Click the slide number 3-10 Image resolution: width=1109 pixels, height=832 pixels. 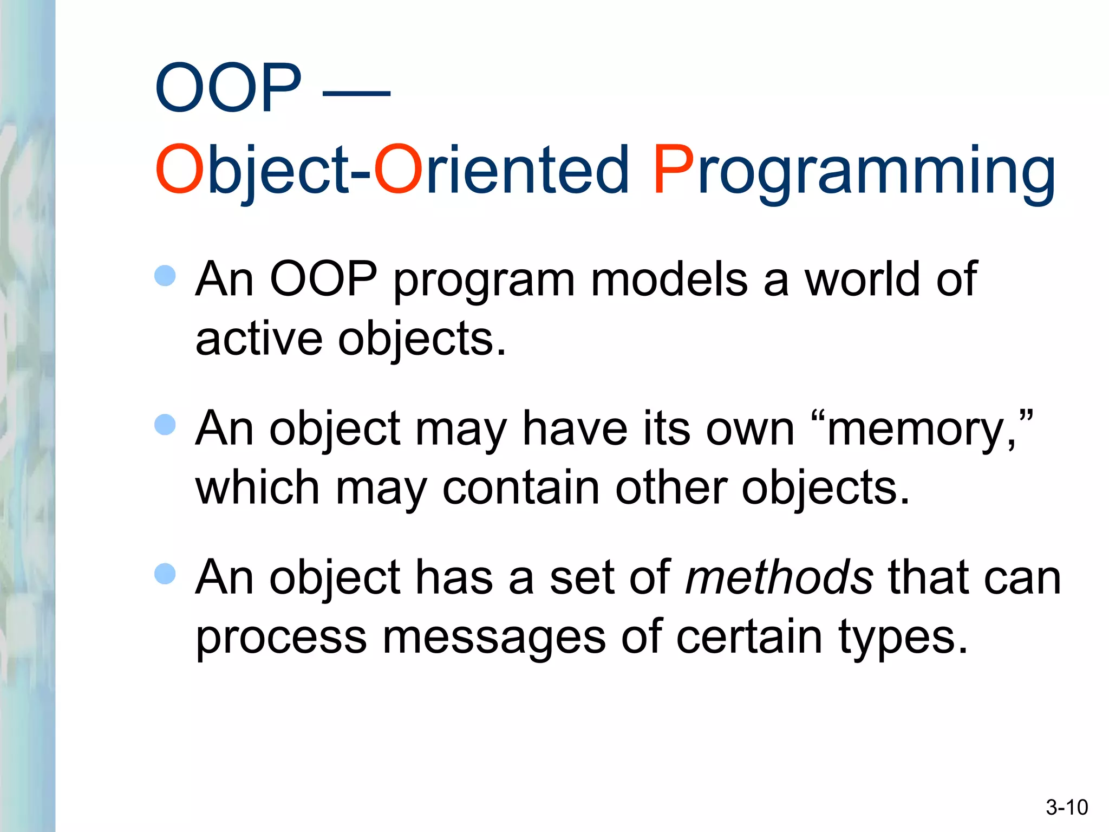pyautogui.click(x=1066, y=808)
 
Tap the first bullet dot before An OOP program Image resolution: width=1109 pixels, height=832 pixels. pyautogui.click(x=165, y=276)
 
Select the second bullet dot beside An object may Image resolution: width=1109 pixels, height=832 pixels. pyautogui.click(x=165, y=425)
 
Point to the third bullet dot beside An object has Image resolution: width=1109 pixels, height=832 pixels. pyautogui.click(x=165, y=574)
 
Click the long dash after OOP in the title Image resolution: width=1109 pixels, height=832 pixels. pyautogui.click(x=356, y=93)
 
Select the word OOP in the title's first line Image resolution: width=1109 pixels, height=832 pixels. pyautogui.click(x=227, y=88)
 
